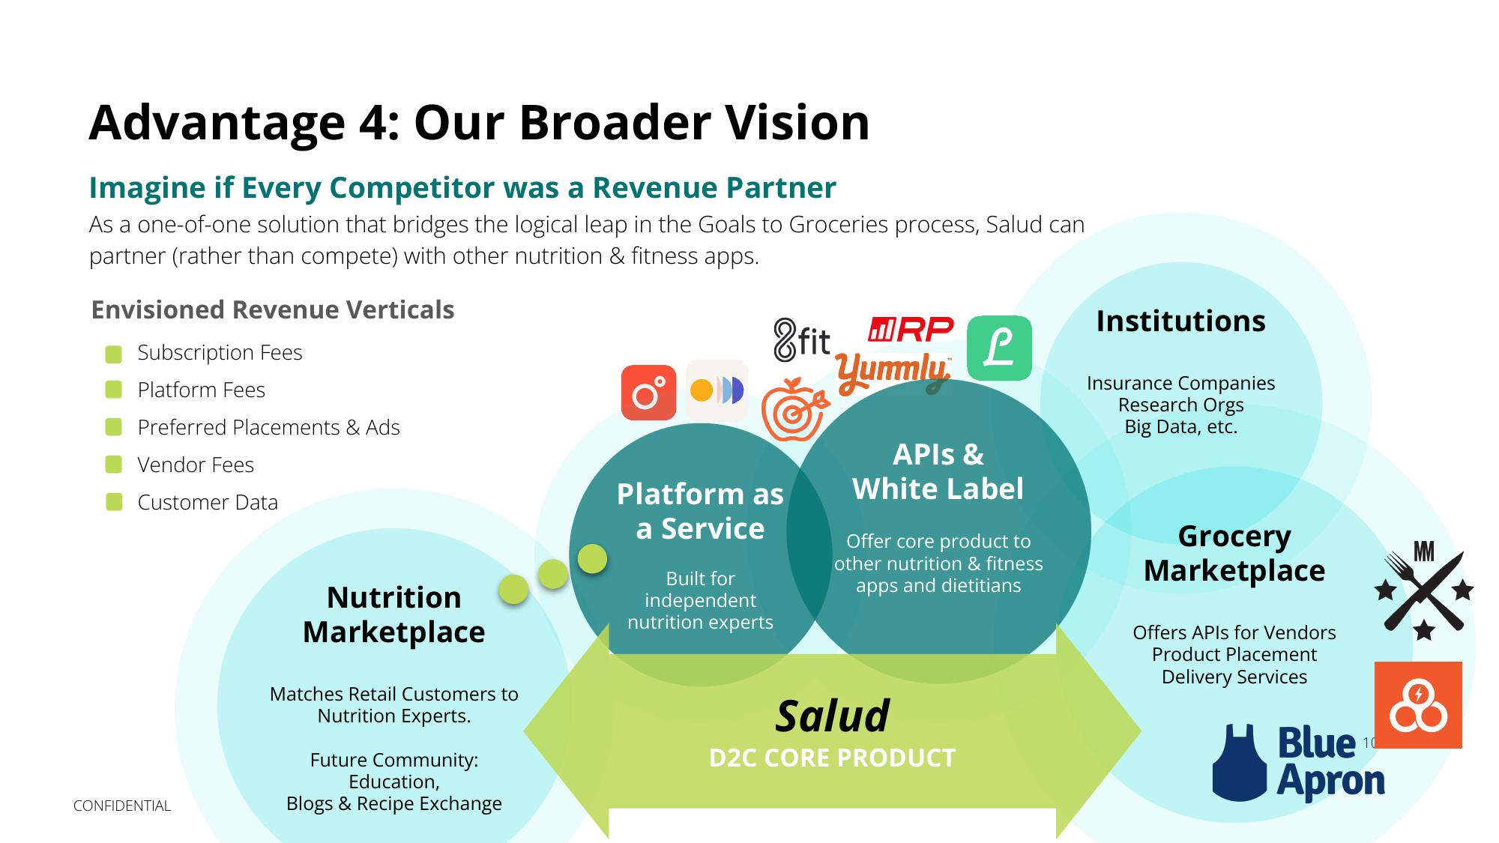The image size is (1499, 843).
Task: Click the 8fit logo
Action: (x=802, y=340)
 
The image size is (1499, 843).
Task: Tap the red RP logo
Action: (x=911, y=329)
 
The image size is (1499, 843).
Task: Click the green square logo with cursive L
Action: (x=999, y=348)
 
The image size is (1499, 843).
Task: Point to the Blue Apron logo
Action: (x=1298, y=763)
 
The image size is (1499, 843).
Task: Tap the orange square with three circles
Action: (x=1418, y=705)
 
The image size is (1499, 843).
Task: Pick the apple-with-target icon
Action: (x=794, y=409)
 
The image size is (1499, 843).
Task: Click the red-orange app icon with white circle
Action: (x=649, y=393)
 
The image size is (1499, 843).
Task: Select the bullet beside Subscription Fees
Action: (x=114, y=354)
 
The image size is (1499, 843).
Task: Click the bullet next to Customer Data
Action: (x=114, y=502)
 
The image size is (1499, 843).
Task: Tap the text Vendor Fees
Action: (x=196, y=465)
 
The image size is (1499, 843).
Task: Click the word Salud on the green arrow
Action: (x=832, y=716)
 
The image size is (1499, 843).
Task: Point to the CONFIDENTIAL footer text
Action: (x=122, y=806)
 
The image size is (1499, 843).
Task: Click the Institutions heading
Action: (x=1180, y=321)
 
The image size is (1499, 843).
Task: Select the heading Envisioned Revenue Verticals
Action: (x=273, y=309)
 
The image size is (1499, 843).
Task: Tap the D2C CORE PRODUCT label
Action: (x=832, y=758)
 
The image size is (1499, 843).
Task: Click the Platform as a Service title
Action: (x=700, y=511)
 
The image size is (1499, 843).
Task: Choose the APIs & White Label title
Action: (x=938, y=471)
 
